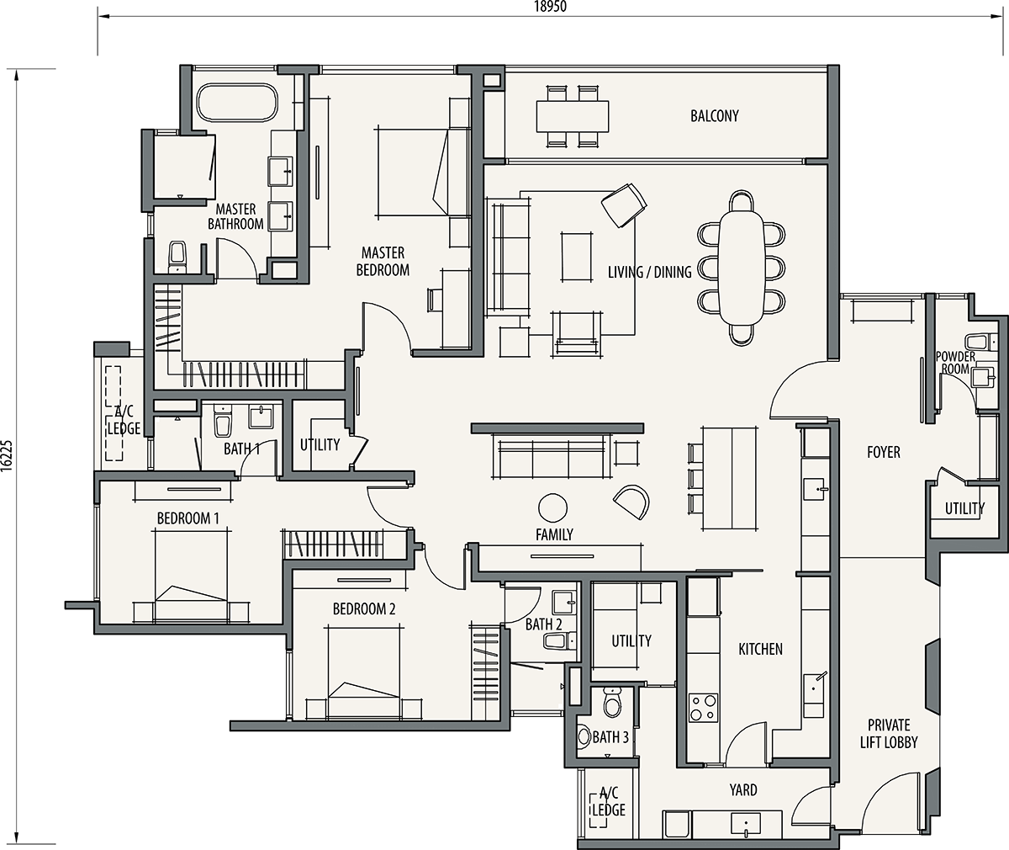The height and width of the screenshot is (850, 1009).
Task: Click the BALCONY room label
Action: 714,116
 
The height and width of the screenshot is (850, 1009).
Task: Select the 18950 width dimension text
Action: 551,7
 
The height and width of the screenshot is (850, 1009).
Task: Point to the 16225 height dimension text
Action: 7,454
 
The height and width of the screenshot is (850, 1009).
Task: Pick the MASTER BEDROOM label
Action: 383,261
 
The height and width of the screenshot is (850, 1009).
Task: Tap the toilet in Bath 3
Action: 611,703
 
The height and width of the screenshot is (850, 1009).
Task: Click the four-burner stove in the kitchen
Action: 703,707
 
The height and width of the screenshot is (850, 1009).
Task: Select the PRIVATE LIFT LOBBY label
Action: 889,733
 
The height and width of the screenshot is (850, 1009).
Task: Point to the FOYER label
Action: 884,452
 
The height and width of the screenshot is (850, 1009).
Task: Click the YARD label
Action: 743,790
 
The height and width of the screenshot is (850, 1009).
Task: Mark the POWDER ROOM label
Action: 955,363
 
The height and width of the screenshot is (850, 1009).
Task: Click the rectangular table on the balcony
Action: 572,116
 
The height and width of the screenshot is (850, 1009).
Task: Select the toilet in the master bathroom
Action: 177,258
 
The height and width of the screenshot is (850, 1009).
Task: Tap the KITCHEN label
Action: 760,649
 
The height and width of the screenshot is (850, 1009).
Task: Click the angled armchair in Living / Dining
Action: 624,205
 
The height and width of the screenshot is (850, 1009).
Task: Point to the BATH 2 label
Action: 544,624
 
